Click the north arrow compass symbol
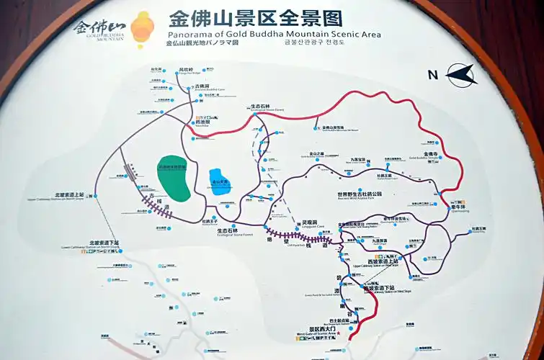tap(462, 73)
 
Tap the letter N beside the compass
tap(433, 74)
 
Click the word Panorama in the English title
tap(189, 34)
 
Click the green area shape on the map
tap(174, 176)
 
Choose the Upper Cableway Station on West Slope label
tap(372, 263)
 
